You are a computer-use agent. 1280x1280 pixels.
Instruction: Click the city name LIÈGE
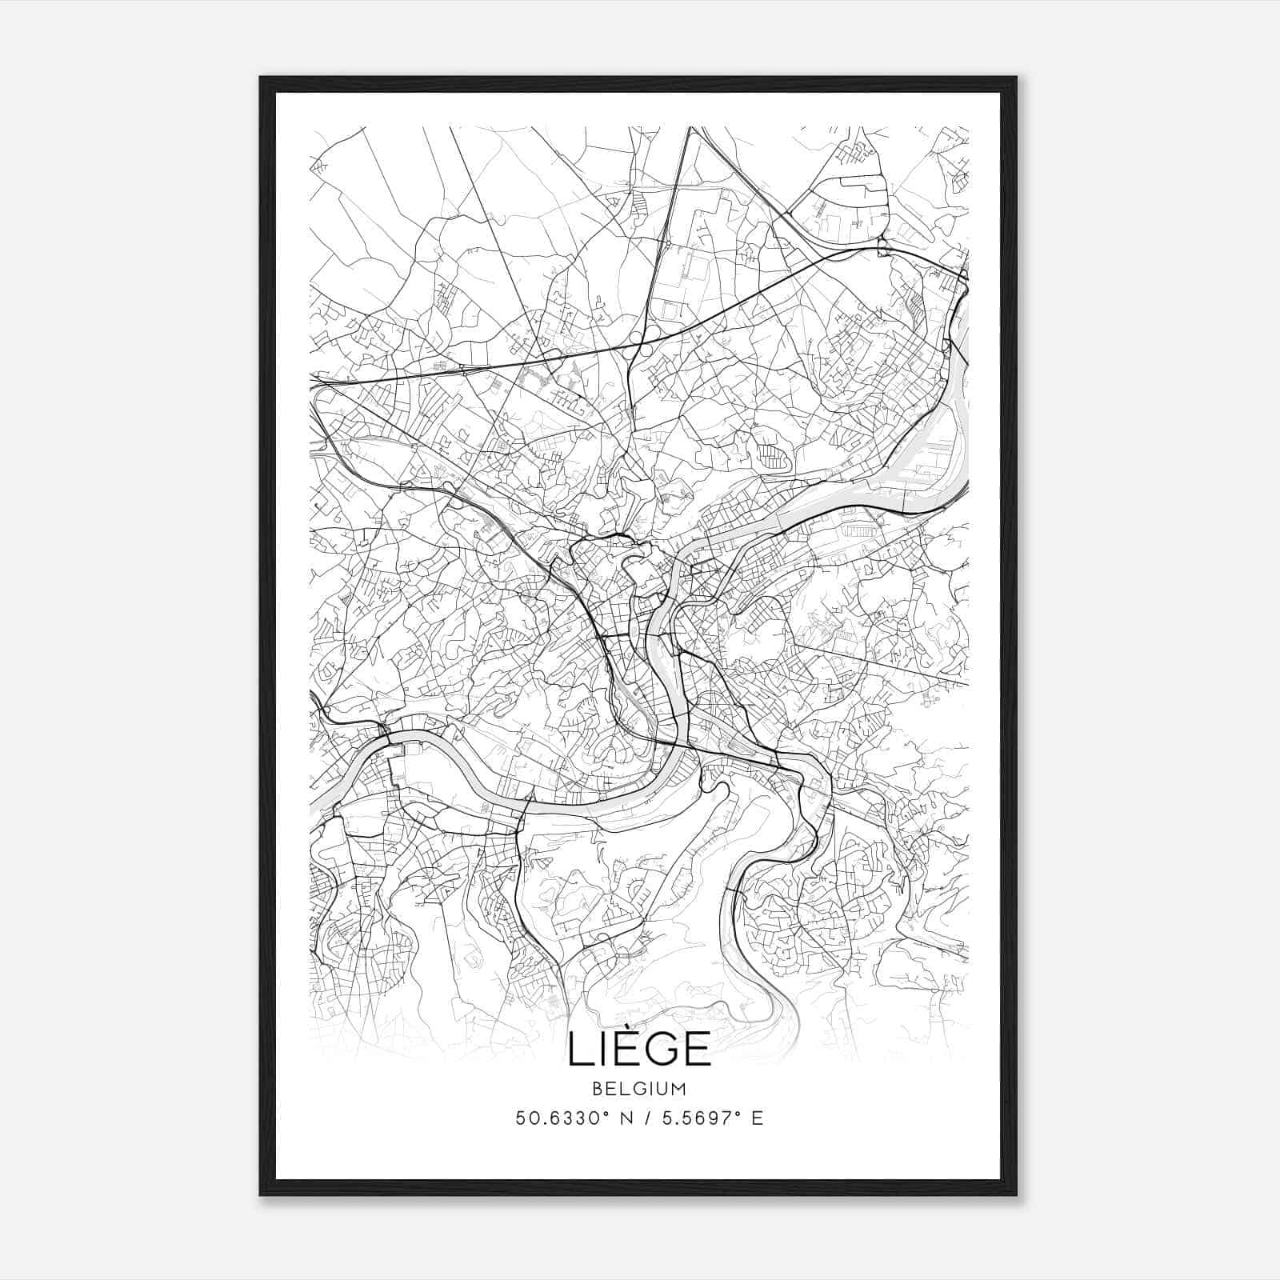tap(639, 1049)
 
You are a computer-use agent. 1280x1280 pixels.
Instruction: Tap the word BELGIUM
tap(639, 1089)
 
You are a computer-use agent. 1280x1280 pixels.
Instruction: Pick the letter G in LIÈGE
tap(658, 1050)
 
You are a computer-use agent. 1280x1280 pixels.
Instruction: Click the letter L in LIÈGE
tap(579, 1050)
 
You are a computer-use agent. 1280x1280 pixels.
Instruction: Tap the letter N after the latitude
tap(618, 1118)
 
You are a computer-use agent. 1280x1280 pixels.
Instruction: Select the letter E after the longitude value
tap(757, 1118)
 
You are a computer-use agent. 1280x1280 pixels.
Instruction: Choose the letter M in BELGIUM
tap(679, 1089)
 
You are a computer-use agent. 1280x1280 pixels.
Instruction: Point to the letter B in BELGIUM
tap(598, 1089)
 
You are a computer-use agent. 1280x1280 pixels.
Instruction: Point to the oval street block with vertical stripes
tap(771, 457)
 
